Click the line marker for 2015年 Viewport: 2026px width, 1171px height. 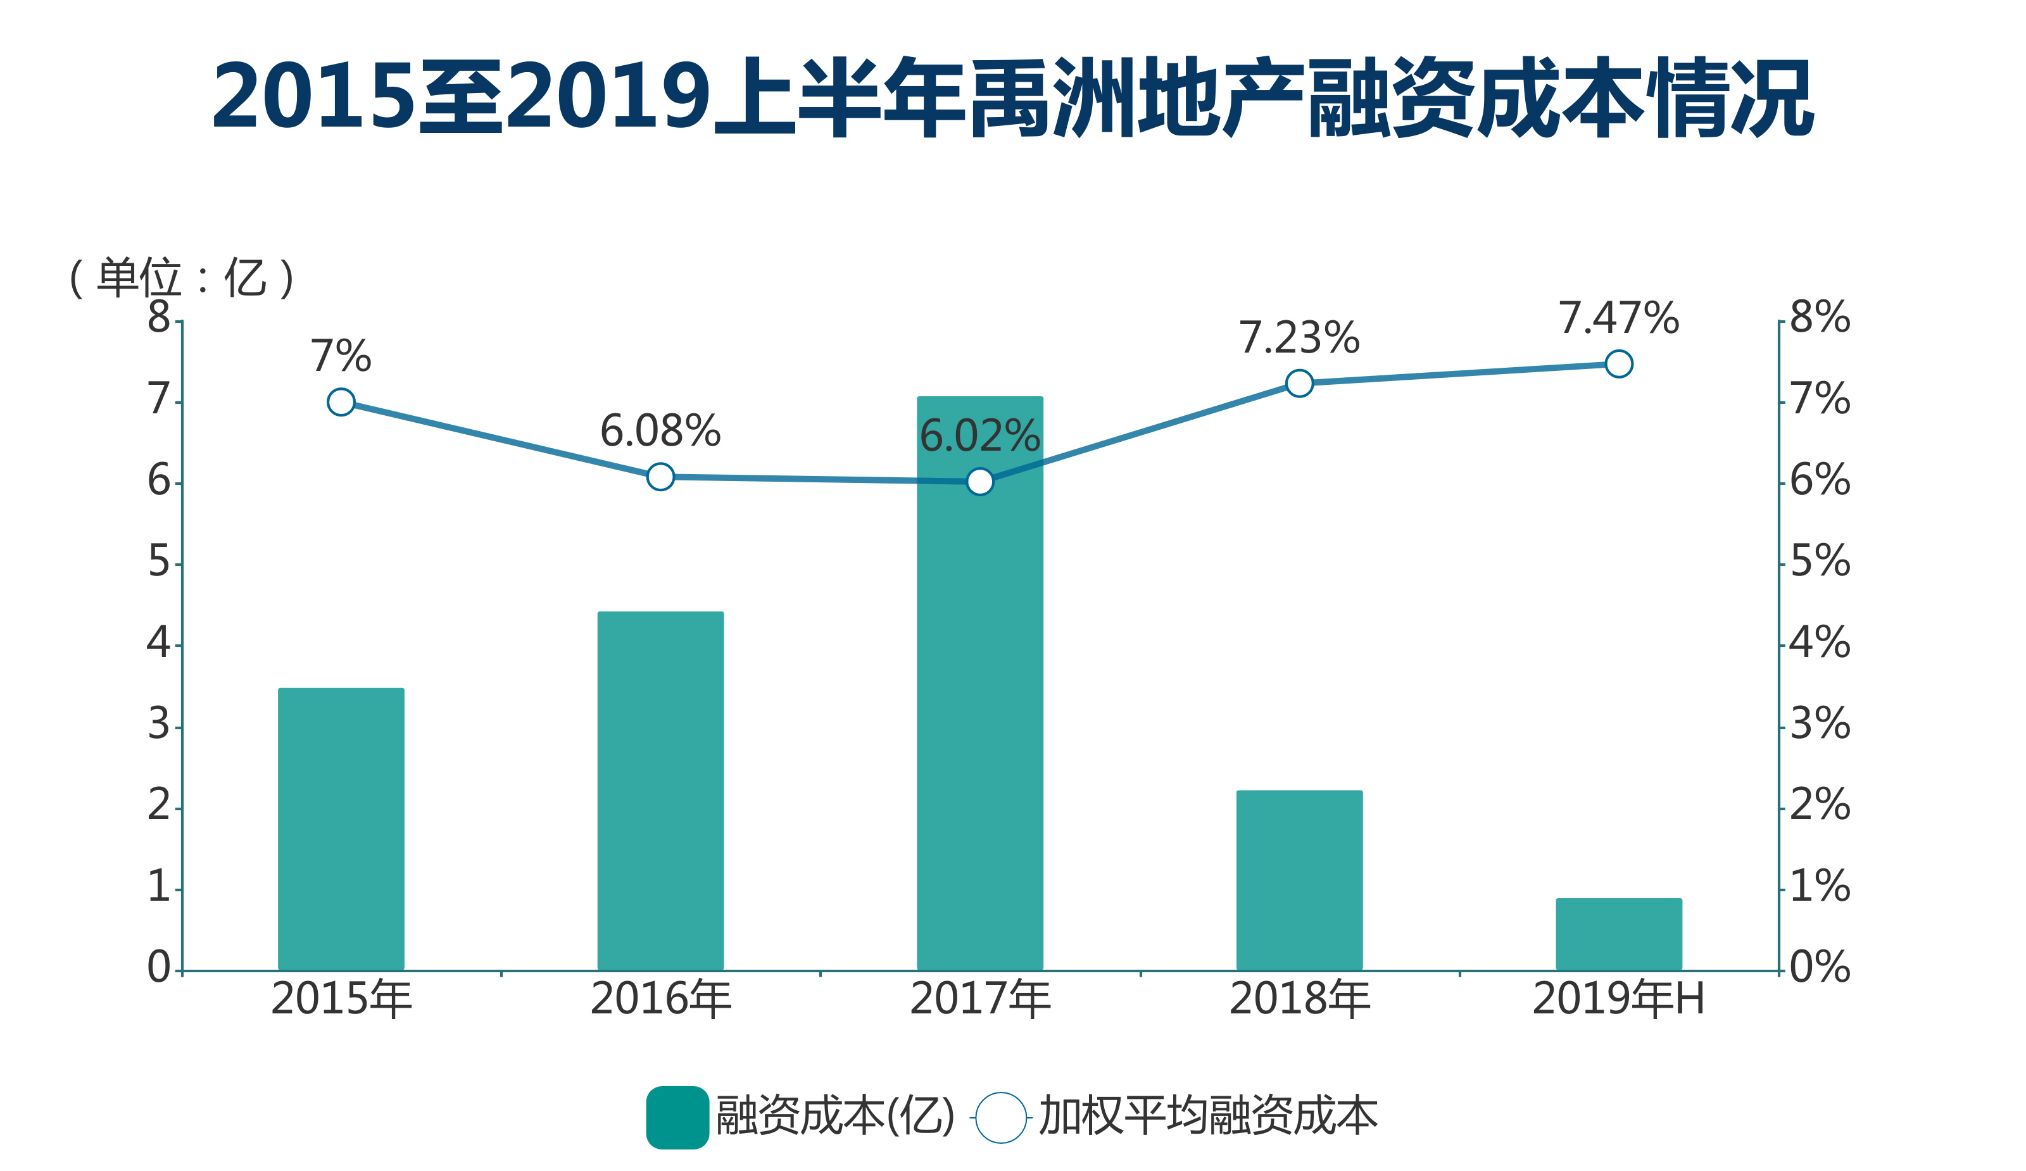click(341, 402)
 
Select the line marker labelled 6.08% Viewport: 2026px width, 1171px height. click(660, 477)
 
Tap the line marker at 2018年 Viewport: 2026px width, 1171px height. click(1299, 384)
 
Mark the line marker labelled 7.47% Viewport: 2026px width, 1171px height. click(1618, 364)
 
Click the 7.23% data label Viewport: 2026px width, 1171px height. click(1299, 337)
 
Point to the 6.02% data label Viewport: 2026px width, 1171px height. click(979, 436)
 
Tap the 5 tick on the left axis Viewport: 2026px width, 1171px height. click(158, 562)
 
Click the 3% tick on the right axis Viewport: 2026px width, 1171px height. click(1820, 724)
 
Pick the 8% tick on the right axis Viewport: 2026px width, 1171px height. click(1820, 318)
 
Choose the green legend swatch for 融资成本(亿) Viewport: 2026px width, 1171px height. click(677, 1117)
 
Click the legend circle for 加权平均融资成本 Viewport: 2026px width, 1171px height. click(1000, 1117)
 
